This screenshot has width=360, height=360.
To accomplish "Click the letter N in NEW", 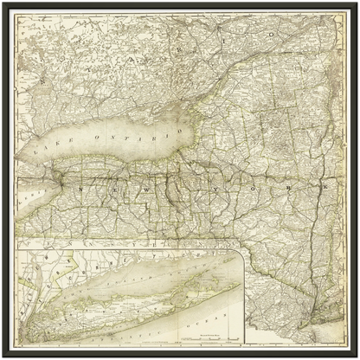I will point(82,184).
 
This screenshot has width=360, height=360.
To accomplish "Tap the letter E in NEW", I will point(110,185).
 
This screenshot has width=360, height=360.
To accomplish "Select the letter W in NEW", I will point(141,185).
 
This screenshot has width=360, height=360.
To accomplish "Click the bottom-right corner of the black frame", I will point(356,356).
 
